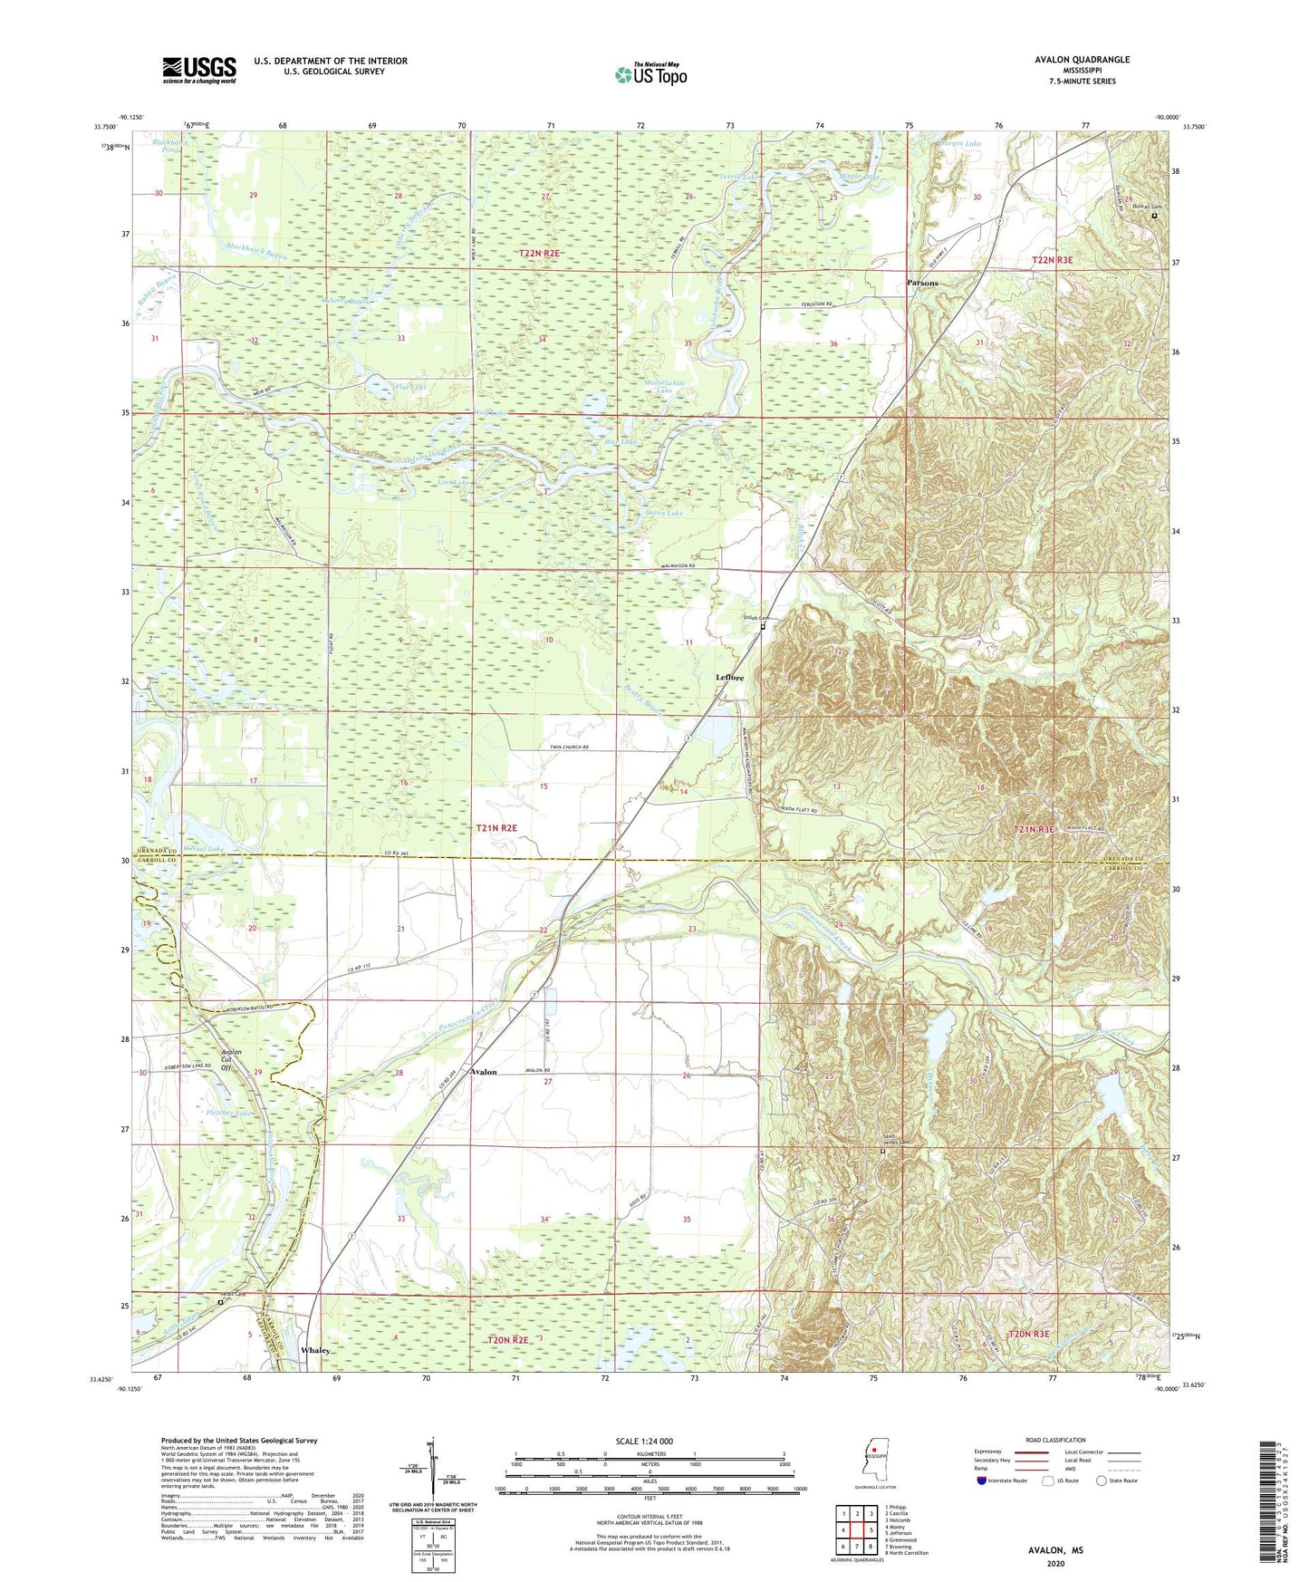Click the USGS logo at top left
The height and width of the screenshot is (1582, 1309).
pyautogui.click(x=199, y=70)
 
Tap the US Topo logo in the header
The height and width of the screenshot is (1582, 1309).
pyautogui.click(x=650, y=74)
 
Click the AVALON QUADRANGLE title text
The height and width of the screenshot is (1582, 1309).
pyautogui.click(x=1082, y=60)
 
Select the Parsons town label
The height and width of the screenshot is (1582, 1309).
pyautogui.click(x=922, y=283)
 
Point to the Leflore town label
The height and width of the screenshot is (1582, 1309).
pyautogui.click(x=729, y=677)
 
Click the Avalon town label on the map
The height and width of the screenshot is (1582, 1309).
pyautogui.click(x=483, y=1072)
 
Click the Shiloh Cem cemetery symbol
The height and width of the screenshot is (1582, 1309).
pyautogui.click(x=763, y=626)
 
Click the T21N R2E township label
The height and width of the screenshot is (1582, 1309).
pyautogui.click(x=496, y=828)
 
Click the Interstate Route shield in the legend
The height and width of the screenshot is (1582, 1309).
pyautogui.click(x=983, y=1481)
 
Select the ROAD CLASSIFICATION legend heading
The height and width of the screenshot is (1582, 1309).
pyautogui.click(x=1055, y=1440)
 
